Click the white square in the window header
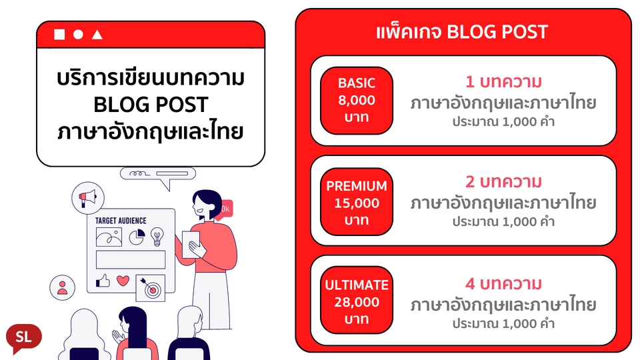[x=59, y=35]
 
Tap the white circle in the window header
[x=78, y=35]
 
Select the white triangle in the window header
[x=97, y=35]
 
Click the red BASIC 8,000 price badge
[x=357, y=101]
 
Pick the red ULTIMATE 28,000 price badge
[x=357, y=302]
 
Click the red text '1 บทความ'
[x=503, y=83]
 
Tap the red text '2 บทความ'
[x=503, y=181]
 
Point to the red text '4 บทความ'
[x=503, y=284]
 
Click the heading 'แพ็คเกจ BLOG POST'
[x=462, y=31]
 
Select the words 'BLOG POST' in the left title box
[x=150, y=105]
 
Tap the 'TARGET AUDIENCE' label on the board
[x=121, y=221]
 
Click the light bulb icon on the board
[x=157, y=236]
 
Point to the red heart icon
[x=123, y=281]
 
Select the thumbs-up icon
[x=103, y=281]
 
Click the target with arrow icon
[x=150, y=288]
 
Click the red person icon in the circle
[x=62, y=287]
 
